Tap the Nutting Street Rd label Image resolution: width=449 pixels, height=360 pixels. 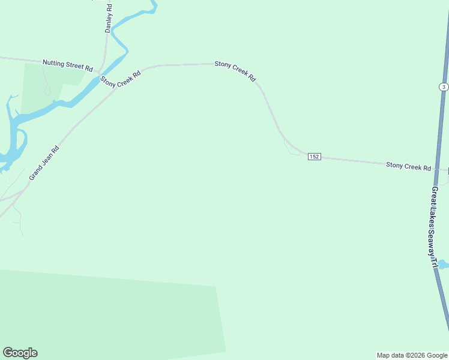coord(67,62)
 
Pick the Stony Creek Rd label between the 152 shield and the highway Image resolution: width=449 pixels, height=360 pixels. coord(408,166)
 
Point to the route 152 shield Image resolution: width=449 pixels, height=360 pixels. coord(314,157)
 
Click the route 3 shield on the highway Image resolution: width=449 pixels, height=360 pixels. coord(443,87)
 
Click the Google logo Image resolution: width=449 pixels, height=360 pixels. coord(20,353)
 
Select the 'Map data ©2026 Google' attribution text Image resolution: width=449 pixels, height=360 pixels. coord(412,355)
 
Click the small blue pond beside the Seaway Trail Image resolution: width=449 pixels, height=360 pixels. coord(443,264)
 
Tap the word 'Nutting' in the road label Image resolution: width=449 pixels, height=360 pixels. coord(53,62)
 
